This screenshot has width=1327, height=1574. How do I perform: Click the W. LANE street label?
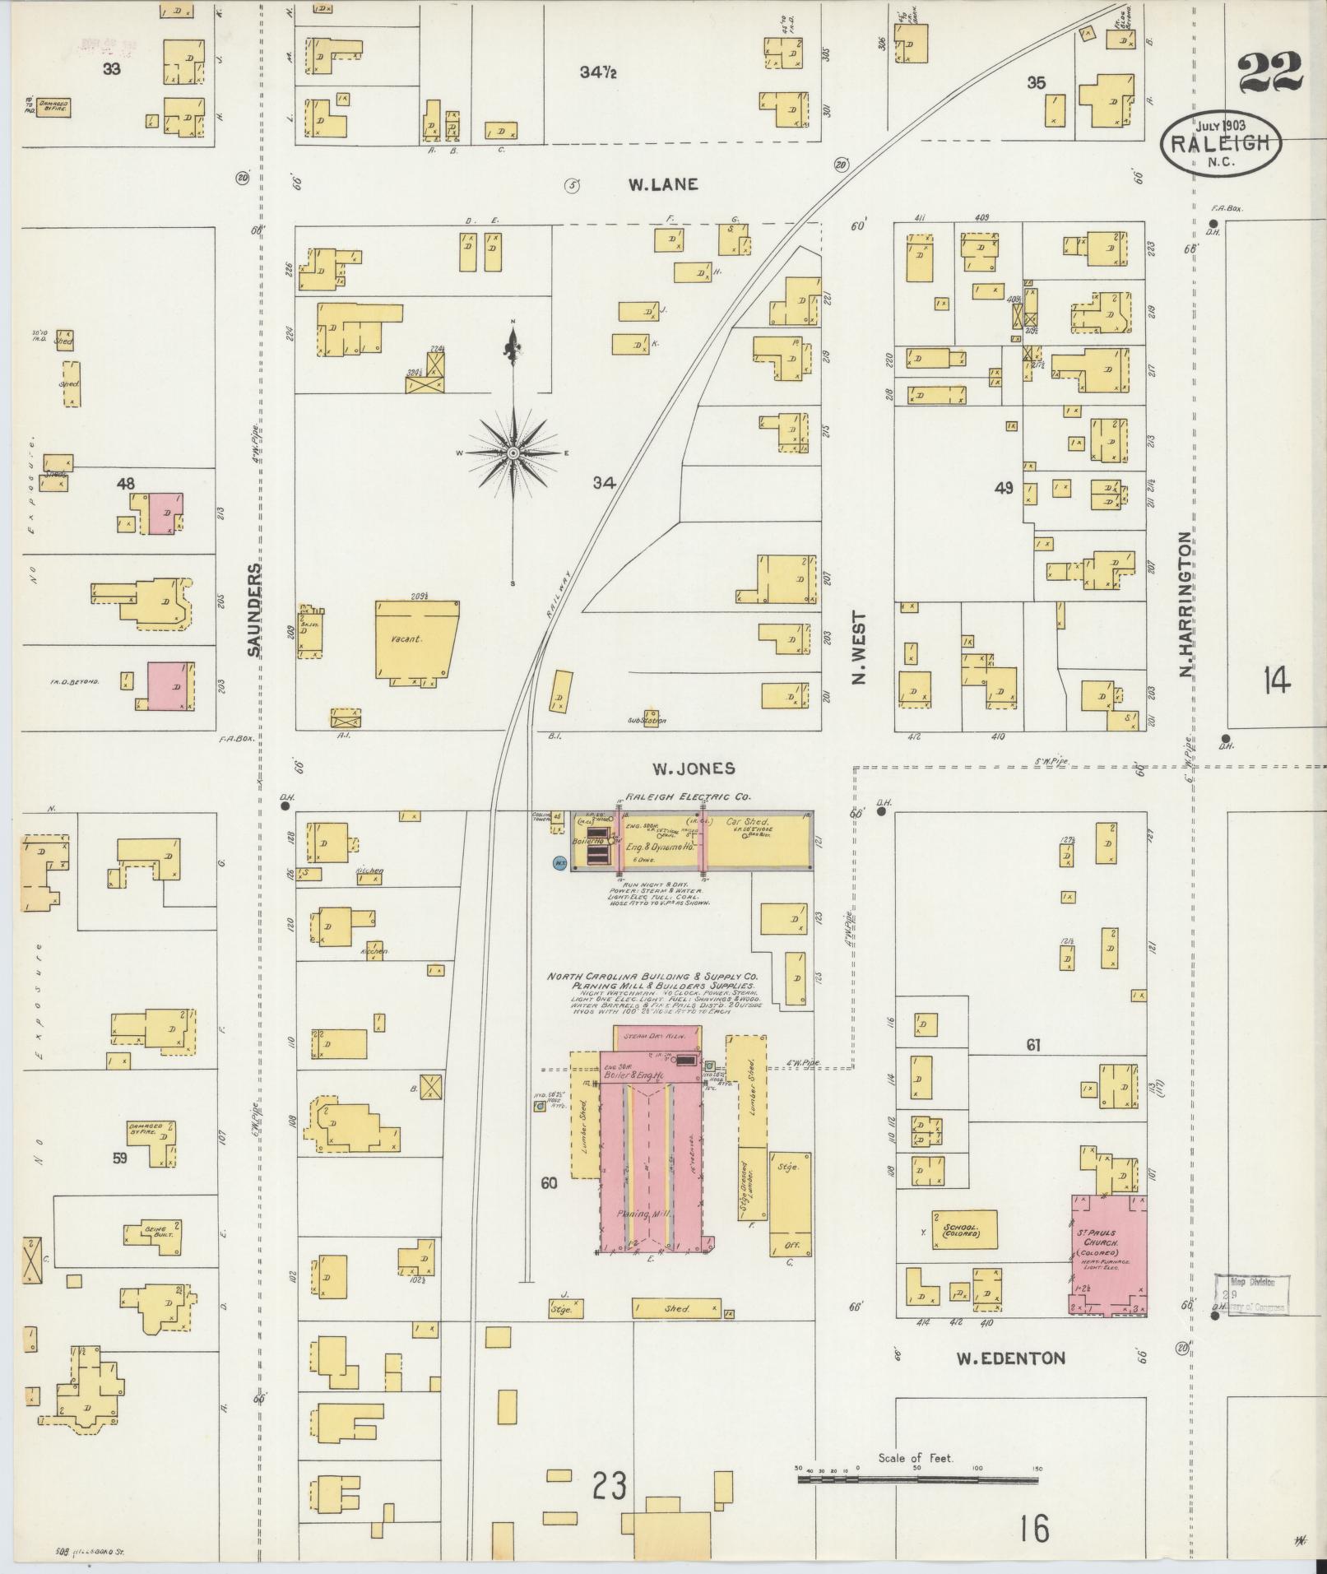[663, 185]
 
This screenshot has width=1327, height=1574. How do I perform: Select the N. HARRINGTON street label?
[1185, 605]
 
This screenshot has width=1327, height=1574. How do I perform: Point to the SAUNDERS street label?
[254, 610]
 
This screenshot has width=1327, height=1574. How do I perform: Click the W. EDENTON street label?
[1010, 1358]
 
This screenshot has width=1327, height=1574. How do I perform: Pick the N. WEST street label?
[859, 648]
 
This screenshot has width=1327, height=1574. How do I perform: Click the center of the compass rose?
[513, 453]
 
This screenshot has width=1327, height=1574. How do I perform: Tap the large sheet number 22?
[1269, 73]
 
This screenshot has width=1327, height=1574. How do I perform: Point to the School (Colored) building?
[963, 1232]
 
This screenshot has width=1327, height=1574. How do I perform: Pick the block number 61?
[1032, 1046]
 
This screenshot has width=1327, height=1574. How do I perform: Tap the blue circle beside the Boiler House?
[560, 862]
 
